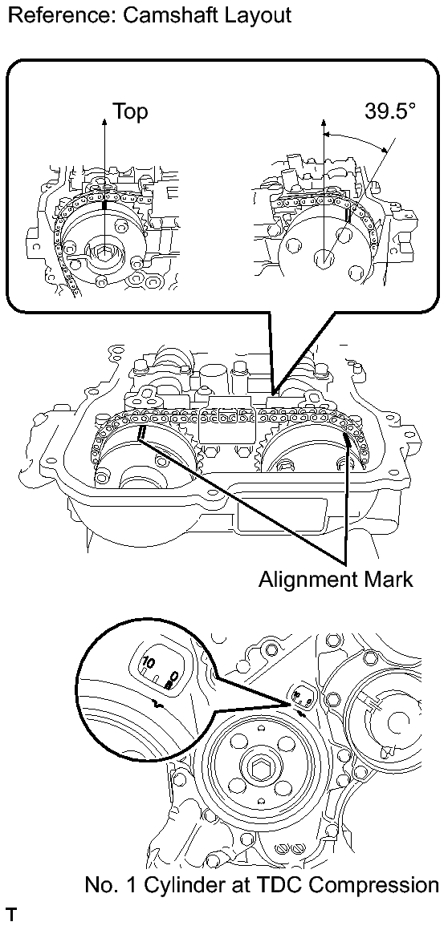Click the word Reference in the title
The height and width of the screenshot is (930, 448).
58,14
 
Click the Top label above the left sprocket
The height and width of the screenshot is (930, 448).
130,112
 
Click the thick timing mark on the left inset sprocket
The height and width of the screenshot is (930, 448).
105,205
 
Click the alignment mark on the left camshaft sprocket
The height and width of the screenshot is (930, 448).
141,435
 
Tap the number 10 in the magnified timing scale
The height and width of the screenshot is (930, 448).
148,661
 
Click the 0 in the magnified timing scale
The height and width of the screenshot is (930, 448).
174,676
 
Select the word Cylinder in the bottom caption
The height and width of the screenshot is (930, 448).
176,886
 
